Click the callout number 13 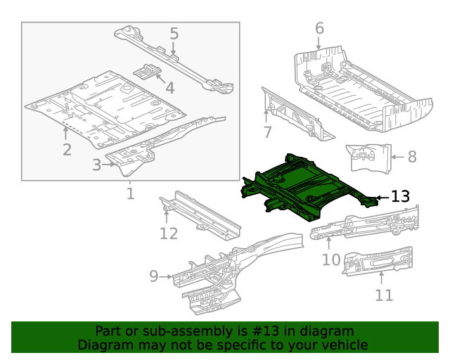pos(399,197)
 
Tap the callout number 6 pos(319,29)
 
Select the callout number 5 pos(174,33)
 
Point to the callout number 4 pos(169,87)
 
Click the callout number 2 pos(67,149)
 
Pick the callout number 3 pos(97,165)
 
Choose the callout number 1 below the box pos(130,193)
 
